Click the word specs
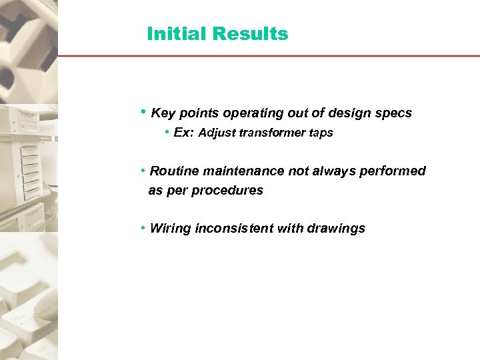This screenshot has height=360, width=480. [395, 113]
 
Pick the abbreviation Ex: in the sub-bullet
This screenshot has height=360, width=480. [183, 133]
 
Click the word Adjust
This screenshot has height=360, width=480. [217, 133]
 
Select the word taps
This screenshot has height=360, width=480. [321, 133]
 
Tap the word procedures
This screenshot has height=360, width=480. [228, 191]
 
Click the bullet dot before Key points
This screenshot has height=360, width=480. [144, 112]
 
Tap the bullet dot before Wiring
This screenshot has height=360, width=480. [144, 229]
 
